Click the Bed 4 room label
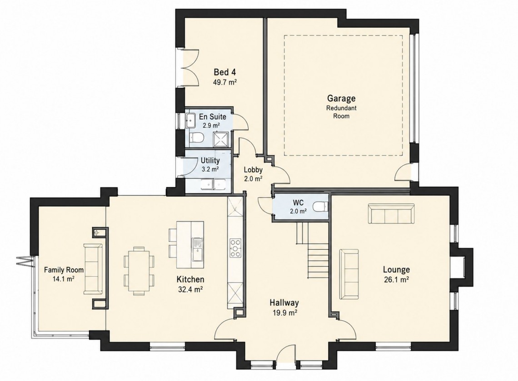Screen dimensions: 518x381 point(225,72)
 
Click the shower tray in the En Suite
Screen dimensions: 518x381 point(221,139)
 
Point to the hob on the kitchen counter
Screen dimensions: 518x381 point(235,247)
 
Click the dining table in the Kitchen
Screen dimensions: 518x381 point(139,270)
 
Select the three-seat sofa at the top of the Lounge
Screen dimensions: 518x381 point(391,213)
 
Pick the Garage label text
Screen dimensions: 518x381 point(341,99)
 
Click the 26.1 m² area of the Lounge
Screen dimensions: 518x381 point(396,280)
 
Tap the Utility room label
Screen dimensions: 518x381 point(210,161)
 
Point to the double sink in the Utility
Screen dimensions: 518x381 point(214,184)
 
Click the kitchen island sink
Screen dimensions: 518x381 point(198,248)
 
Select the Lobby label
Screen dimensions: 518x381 point(253,170)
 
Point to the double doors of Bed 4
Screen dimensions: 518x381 point(189,68)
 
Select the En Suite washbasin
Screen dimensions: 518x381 point(191,120)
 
